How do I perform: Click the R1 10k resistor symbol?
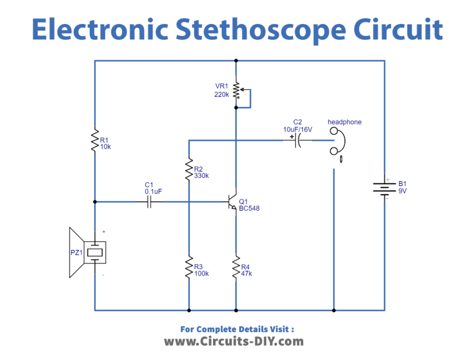pyautogui.click(x=94, y=140)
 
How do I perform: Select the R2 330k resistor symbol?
pyautogui.click(x=188, y=169)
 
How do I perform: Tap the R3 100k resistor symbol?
pyautogui.click(x=188, y=268)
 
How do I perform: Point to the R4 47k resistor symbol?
pyautogui.click(x=235, y=268)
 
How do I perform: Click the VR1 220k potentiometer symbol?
pyautogui.click(x=236, y=91)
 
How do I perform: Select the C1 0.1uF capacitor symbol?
pyautogui.click(x=149, y=202)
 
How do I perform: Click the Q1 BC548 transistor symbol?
pyautogui.click(x=232, y=202)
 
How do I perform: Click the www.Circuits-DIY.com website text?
pyautogui.click(x=233, y=341)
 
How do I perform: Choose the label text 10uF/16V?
pyautogui.click(x=297, y=129)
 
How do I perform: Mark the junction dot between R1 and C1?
pyautogui.click(x=94, y=202)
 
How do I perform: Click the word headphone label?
pyautogui.click(x=344, y=122)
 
